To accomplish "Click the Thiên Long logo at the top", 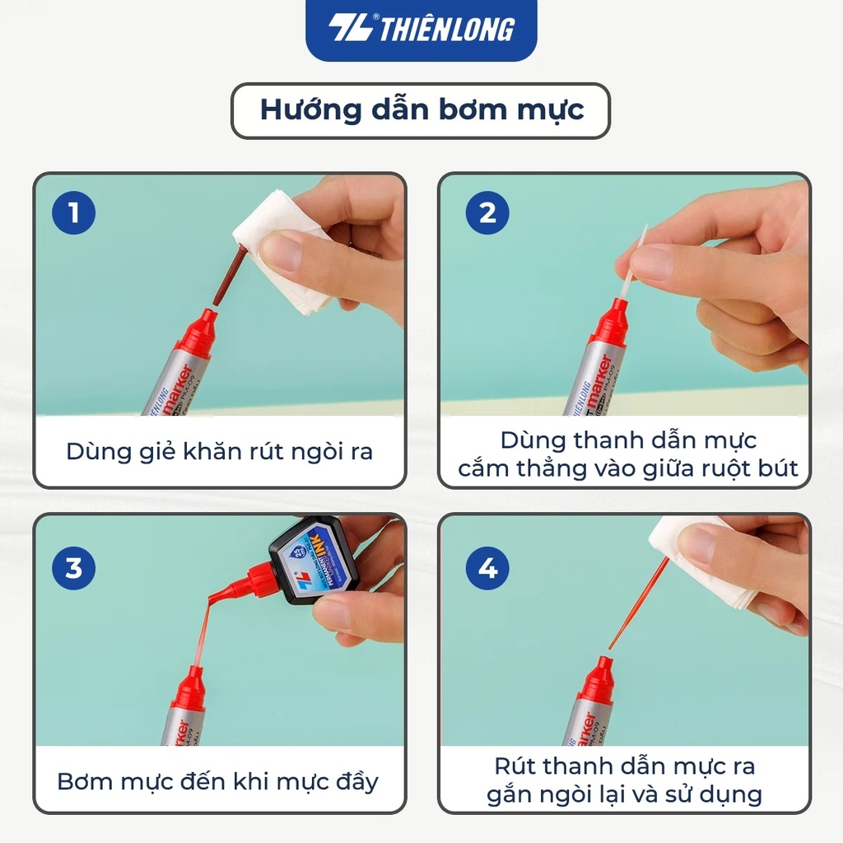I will (421, 29).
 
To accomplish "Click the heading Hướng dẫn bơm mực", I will (421, 110).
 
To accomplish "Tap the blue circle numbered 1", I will (73, 213).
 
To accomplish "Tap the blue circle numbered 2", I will (487, 213).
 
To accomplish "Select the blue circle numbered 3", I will (73, 568).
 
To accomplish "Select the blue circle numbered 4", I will (487, 568).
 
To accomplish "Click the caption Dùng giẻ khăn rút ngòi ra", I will (219, 452).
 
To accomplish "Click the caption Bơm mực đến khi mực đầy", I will (217, 780).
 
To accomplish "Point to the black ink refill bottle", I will (314, 560).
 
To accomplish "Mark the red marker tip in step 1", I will (197, 333).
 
